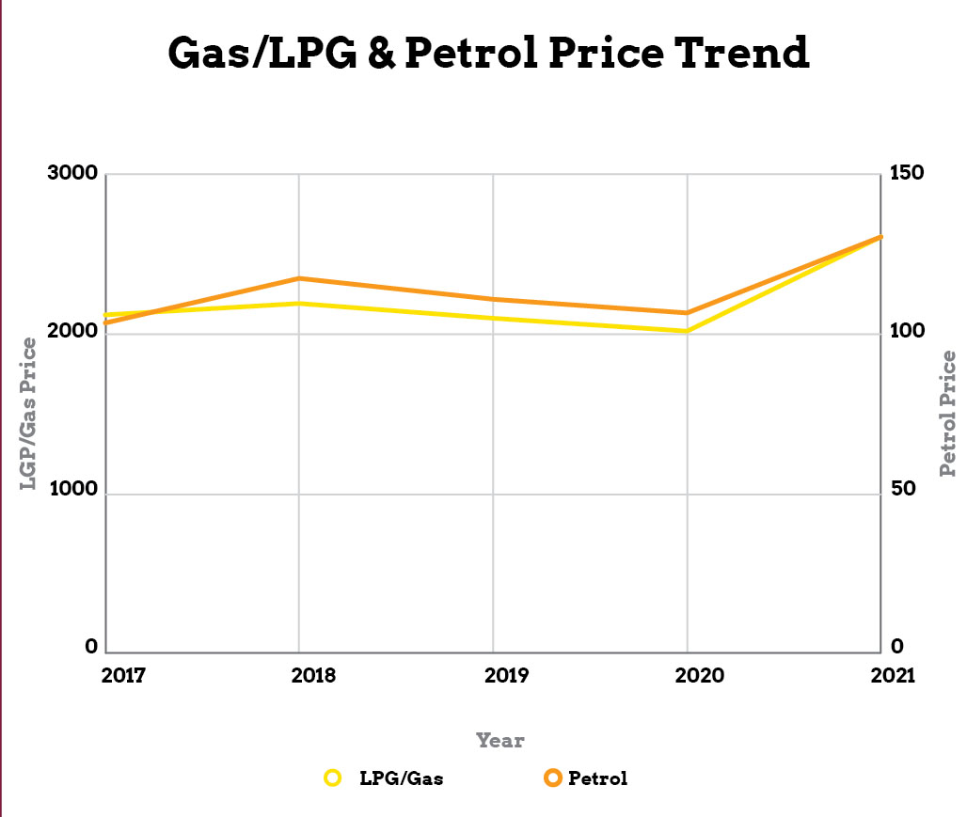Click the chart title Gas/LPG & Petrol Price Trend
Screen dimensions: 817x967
pyautogui.click(x=488, y=54)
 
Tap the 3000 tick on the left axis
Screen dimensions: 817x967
pyautogui.click(x=72, y=174)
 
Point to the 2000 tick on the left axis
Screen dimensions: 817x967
pyautogui.click(x=72, y=333)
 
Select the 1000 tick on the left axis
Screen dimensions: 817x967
pyautogui.click(x=72, y=491)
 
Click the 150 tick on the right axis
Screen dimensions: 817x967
pyautogui.click(x=906, y=174)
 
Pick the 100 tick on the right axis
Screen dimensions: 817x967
pyautogui.click(x=906, y=333)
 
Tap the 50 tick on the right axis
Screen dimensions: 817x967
pyautogui.click(x=901, y=491)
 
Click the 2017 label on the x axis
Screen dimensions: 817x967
pyautogui.click(x=123, y=677)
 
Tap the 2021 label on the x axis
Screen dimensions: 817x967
pyautogui.click(x=892, y=677)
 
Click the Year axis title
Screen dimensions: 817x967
pyautogui.click(x=499, y=741)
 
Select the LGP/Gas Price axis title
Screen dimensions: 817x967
pyautogui.click(x=30, y=414)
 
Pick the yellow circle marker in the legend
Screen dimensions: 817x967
pyautogui.click(x=331, y=778)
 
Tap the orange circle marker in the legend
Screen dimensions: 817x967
pyautogui.click(x=552, y=778)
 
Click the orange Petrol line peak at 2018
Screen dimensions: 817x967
pyautogui.click(x=299, y=278)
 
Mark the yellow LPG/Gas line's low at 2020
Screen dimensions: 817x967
pyautogui.click(x=688, y=331)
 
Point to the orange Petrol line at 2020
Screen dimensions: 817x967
pyautogui.click(x=688, y=313)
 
